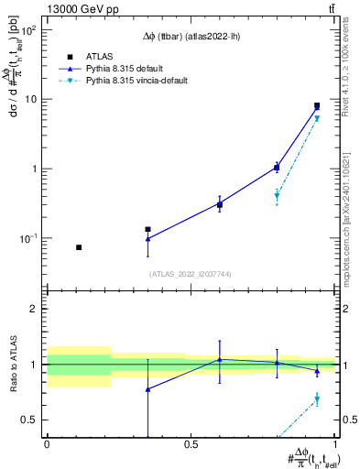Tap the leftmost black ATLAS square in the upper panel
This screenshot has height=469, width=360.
(79, 247)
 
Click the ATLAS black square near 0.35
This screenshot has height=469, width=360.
(147, 230)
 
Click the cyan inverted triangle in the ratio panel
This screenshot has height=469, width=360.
(317, 399)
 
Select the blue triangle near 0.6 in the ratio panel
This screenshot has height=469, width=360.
(219, 359)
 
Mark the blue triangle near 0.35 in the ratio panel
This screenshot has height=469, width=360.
(147, 389)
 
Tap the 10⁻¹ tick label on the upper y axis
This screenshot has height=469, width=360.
(27, 238)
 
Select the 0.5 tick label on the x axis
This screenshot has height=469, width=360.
(191, 444)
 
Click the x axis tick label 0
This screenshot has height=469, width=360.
(47, 444)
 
